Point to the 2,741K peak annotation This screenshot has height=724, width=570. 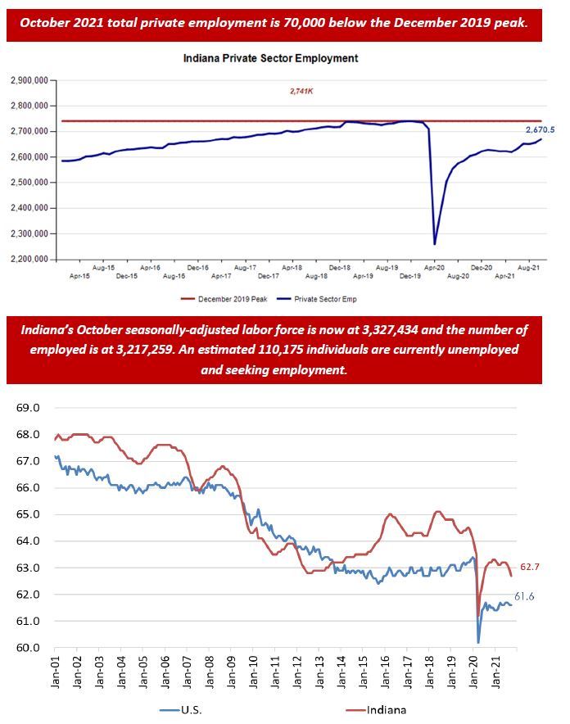point(301,92)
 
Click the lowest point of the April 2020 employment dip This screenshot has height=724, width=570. point(434,243)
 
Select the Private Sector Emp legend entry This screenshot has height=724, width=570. point(327,300)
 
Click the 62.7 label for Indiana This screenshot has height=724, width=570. point(530,566)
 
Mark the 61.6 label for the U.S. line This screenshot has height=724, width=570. point(524,596)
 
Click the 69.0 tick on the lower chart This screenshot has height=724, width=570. point(27,408)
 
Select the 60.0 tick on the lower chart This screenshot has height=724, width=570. point(27,648)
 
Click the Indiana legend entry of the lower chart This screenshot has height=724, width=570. point(387,710)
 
